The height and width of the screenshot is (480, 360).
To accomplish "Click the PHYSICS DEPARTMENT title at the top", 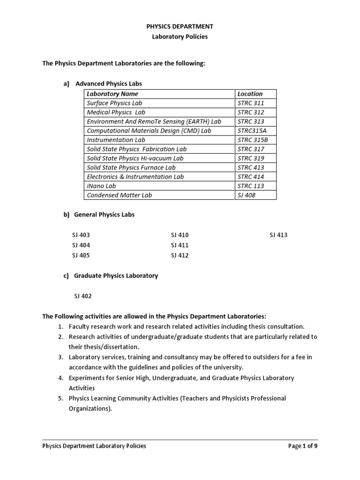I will pos(180,27).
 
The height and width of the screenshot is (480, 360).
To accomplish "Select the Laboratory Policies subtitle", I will pos(180,37).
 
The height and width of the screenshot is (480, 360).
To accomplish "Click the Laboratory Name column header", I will pos(112,94).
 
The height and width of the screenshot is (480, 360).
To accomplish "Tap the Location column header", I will pos(250,94).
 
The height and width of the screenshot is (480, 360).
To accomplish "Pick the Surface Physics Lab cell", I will pos(114,103).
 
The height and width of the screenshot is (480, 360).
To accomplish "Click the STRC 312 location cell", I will pos(251,112).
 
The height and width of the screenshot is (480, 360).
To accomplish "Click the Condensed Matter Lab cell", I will pos(120,195).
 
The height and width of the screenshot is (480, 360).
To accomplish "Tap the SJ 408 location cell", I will pos(247,195).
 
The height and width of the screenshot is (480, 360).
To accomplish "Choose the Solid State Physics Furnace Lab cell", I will pos(131,167).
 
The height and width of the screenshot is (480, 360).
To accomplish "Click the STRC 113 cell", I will pos(251,186).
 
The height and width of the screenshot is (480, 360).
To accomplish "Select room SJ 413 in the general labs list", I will pos(278,235).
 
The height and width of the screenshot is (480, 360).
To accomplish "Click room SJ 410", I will pos(180,235).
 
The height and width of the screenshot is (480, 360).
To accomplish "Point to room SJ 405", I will pos(81,255).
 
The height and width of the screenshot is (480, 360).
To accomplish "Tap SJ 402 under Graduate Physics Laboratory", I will pos(83,296).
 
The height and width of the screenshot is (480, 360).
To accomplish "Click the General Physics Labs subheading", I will pos(104,215).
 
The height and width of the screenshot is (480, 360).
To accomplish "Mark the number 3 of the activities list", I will pos(60,357).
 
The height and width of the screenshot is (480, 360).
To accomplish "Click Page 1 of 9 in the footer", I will pos(303,446).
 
